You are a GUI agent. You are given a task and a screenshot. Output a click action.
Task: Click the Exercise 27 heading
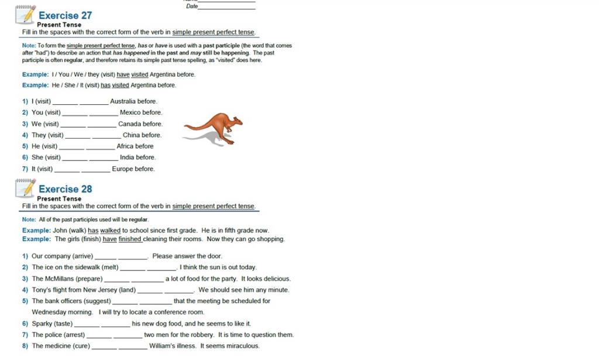pyautogui.click(x=65, y=15)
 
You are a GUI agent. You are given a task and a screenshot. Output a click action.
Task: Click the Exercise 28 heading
pyautogui.click(x=65, y=189)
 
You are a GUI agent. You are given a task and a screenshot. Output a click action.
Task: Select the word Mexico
pyautogui.click(x=130, y=112)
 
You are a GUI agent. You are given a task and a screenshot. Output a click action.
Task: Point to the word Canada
pyautogui.click(x=129, y=124)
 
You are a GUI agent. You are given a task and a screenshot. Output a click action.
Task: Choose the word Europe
pyautogui.click(x=122, y=169)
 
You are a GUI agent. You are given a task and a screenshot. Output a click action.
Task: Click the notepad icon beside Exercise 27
pyautogui.click(x=25, y=14)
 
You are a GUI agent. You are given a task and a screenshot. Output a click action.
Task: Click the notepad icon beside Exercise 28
pyautogui.click(x=25, y=188)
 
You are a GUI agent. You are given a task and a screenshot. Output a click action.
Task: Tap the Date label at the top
pyautogui.click(x=191, y=6)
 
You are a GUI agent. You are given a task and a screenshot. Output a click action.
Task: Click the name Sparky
pyautogui.click(x=42, y=324)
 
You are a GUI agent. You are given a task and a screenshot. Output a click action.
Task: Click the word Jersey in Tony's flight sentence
pyautogui.click(x=108, y=290)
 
